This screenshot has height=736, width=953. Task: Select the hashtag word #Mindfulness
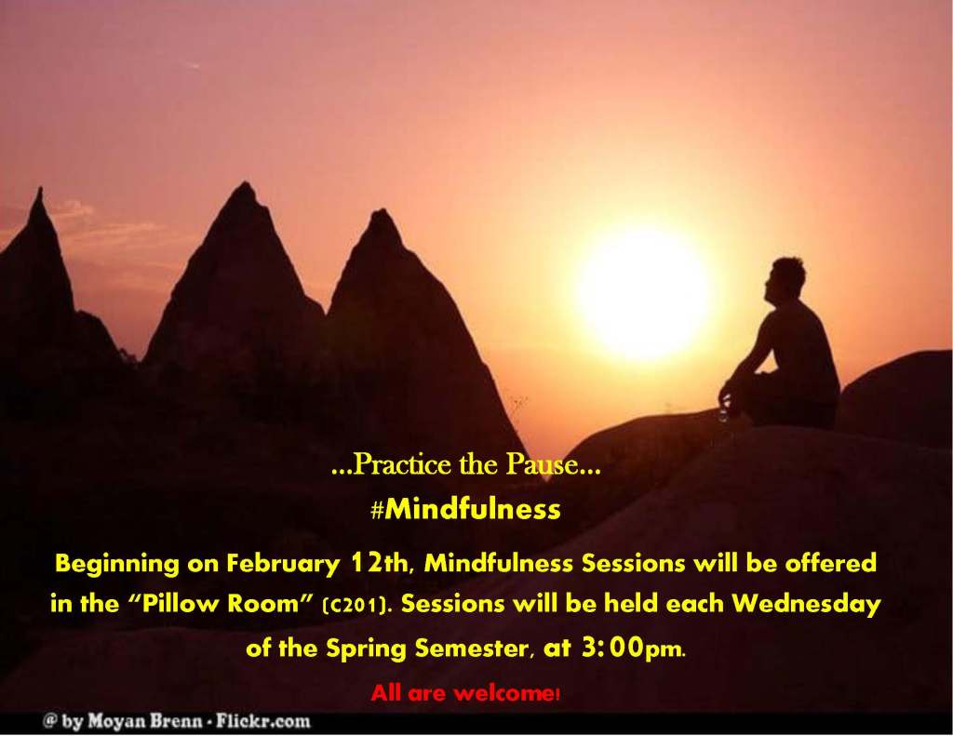(465, 510)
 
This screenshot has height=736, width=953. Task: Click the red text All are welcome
(464, 692)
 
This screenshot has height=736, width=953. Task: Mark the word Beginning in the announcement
(115, 564)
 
